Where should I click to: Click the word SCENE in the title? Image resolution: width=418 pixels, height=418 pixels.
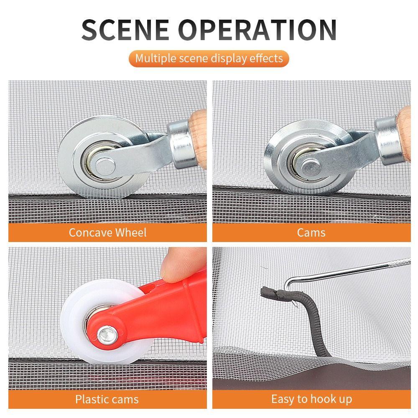pyautogui.click(x=125, y=30)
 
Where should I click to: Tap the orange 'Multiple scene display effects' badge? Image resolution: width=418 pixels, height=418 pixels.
pyautogui.click(x=209, y=59)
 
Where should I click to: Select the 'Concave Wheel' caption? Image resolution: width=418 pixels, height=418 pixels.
pyautogui.click(x=108, y=232)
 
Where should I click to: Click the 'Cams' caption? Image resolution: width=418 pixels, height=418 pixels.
pyautogui.click(x=311, y=232)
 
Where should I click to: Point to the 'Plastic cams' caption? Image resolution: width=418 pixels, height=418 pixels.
pyautogui.click(x=107, y=399)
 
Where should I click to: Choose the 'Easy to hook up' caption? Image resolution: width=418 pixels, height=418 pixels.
pyautogui.click(x=312, y=399)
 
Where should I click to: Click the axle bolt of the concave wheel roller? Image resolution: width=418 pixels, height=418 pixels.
pyautogui.click(x=105, y=167)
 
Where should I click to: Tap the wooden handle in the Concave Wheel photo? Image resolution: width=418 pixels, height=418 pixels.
pyautogui.click(x=198, y=139)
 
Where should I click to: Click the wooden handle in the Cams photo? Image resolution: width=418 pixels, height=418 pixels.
pyautogui.click(x=404, y=133)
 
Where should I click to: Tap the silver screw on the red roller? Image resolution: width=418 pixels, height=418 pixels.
pyautogui.click(x=107, y=335)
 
